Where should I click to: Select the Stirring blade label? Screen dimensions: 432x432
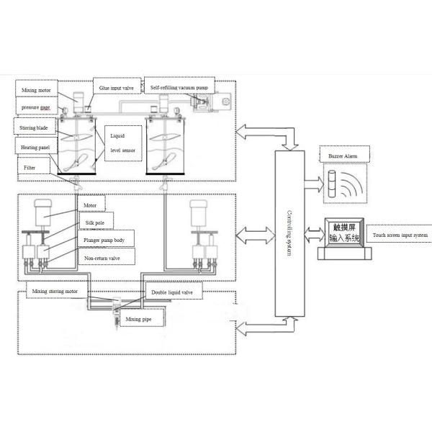[x=35, y=127]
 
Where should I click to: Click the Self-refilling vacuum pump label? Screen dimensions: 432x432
[x=179, y=87]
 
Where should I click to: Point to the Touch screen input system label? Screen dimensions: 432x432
[x=400, y=235]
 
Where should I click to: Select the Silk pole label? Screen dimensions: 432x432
[x=94, y=223]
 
